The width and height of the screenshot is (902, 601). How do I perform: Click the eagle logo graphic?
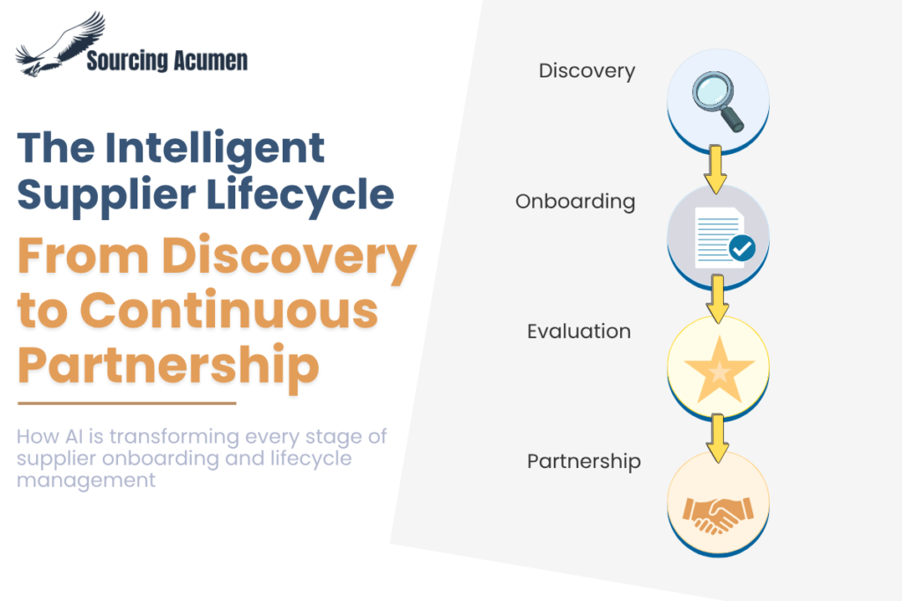click(61, 44)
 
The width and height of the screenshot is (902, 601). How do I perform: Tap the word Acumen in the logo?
click(210, 61)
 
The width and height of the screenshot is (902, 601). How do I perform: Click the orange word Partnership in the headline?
click(168, 365)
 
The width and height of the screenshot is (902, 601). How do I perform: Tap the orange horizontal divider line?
click(127, 403)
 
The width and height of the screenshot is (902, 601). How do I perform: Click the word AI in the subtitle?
click(76, 436)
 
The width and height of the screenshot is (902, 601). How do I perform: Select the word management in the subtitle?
click(86, 480)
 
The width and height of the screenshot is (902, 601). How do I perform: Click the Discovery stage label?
click(587, 70)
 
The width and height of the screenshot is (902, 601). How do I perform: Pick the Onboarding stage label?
click(575, 202)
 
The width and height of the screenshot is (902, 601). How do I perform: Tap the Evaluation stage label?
click(579, 332)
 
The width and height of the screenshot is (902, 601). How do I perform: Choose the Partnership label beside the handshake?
click(584, 462)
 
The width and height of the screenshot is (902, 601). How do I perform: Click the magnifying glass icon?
click(718, 101)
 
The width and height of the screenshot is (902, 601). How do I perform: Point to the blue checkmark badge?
click(742, 248)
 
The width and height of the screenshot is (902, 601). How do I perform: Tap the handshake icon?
click(718, 515)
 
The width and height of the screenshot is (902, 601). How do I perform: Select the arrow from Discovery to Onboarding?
click(715, 170)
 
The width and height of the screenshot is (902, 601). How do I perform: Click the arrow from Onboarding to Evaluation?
click(717, 299)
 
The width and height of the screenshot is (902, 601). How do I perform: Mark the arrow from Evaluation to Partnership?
click(717, 438)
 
